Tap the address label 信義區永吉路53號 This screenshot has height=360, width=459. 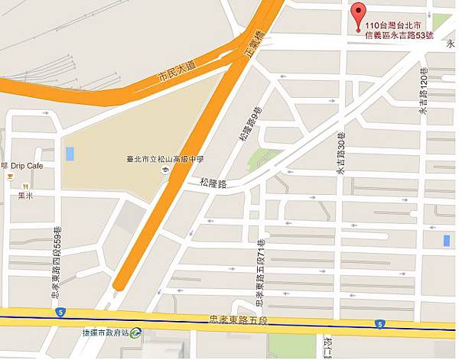tap(399, 35)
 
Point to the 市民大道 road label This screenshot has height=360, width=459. tap(176, 75)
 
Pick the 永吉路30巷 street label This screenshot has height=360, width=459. tap(341, 152)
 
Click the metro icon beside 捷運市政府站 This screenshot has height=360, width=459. tap(135, 332)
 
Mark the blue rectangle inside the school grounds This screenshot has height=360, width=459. tap(70, 153)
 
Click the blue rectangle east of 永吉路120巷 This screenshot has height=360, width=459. tap(446, 241)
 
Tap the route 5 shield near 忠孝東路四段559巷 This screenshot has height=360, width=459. tap(59, 313)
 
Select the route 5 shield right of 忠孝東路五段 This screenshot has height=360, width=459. tap(379, 324)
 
